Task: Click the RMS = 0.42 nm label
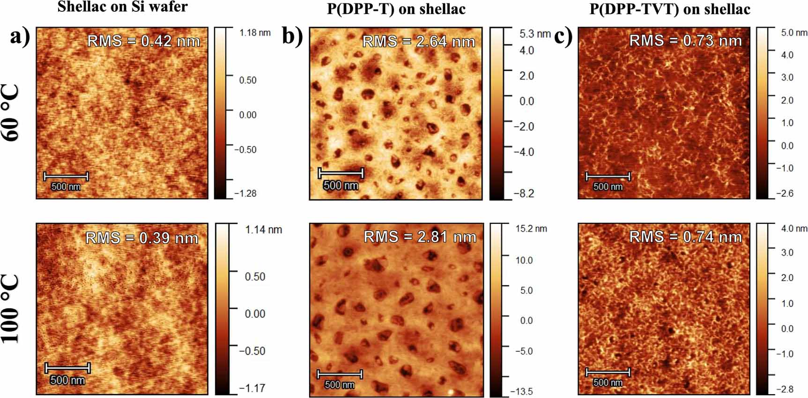[x=143, y=41]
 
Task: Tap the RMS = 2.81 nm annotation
[x=420, y=237]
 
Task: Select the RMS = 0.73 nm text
[x=685, y=41]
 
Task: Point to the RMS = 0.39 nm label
[x=141, y=238]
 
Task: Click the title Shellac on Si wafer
[x=122, y=7]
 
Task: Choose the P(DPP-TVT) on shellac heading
[x=669, y=9]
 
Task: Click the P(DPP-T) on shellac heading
[x=396, y=9]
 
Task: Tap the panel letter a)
[x=20, y=36]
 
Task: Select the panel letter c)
[x=563, y=36]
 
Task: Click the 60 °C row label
[x=10, y=113]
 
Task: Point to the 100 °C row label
[x=10, y=309]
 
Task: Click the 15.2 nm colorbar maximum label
[x=531, y=228]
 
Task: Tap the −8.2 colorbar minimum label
[x=524, y=193]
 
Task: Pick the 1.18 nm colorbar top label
[x=255, y=33]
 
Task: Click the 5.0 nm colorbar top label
[x=794, y=33]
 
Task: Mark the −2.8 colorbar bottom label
[x=784, y=389]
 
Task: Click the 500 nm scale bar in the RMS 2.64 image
[x=341, y=173]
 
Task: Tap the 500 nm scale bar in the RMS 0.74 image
[x=608, y=373]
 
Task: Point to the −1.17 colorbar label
[x=252, y=388]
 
